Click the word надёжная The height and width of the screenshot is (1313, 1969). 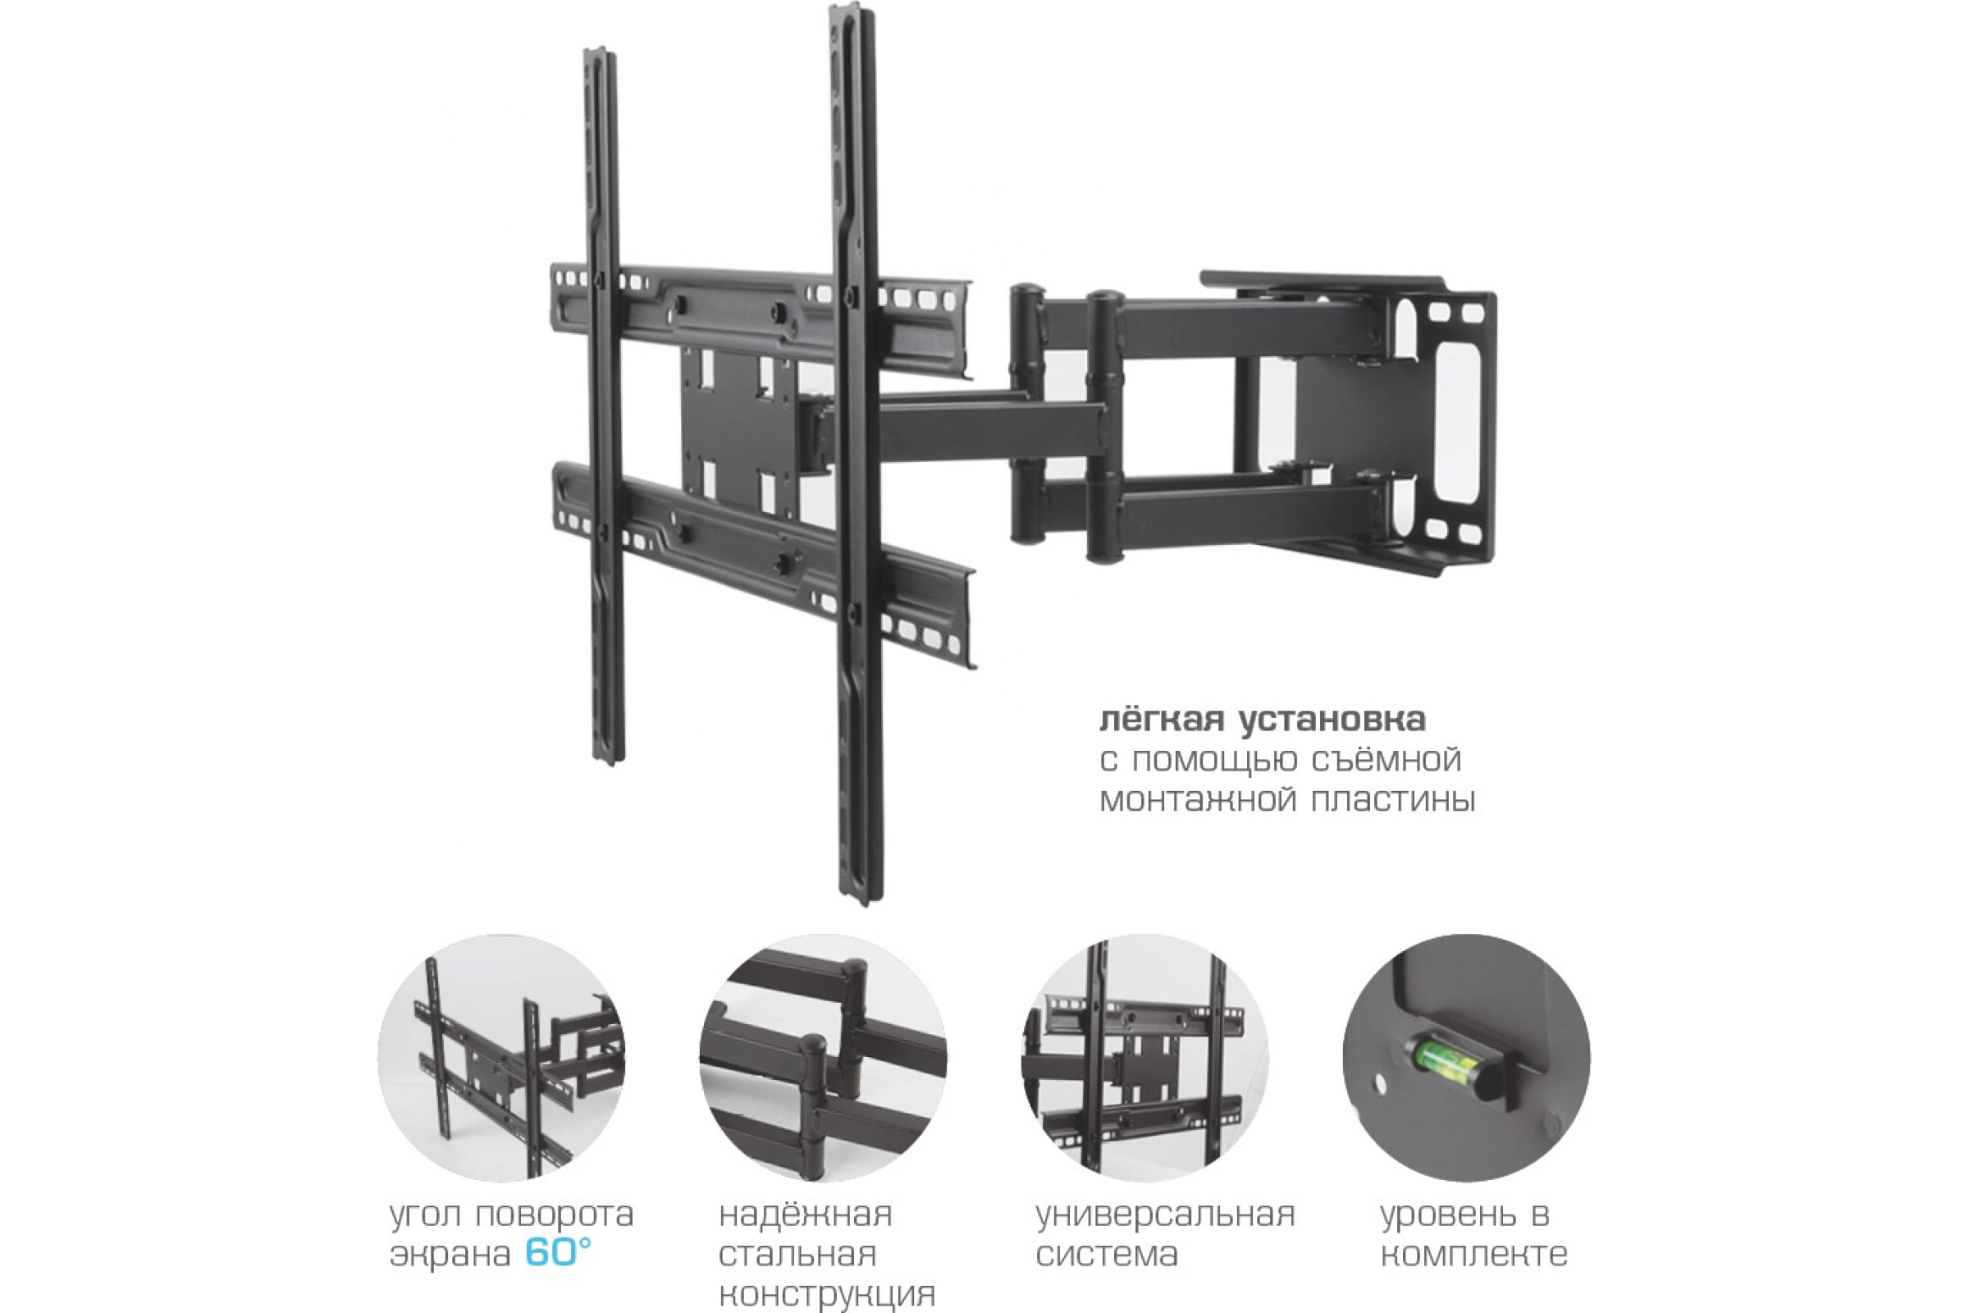click(806, 1215)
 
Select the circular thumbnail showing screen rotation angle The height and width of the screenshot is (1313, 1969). click(501, 1058)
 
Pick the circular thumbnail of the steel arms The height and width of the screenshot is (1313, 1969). click(824, 1058)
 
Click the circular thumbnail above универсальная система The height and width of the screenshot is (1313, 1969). click(1144, 1058)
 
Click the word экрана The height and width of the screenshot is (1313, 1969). click(451, 1255)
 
